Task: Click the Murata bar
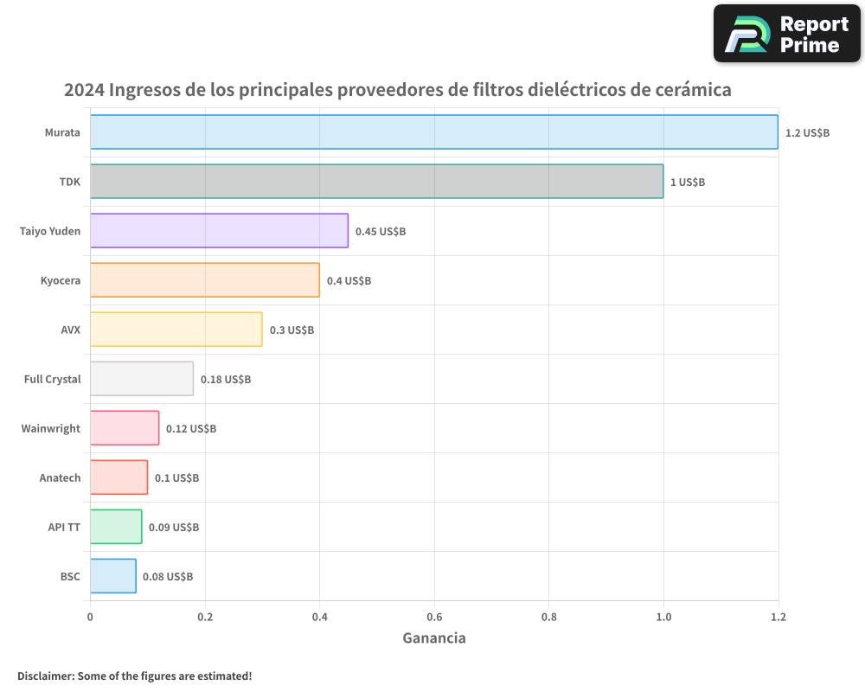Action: (433, 132)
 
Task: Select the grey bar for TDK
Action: (376, 182)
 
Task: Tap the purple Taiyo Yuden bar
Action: (219, 231)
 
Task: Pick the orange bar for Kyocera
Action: (204, 280)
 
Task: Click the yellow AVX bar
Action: (176, 330)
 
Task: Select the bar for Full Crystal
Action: (141, 379)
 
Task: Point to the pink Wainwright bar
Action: (125, 428)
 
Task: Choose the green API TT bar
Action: (116, 527)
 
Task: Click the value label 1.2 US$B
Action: (807, 133)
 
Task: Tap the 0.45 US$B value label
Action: (381, 232)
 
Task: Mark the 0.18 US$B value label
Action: (226, 380)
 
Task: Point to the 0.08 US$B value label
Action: (168, 577)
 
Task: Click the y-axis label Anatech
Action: (60, 477)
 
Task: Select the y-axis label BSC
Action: (70, 576)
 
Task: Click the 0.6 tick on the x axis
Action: (434, 617)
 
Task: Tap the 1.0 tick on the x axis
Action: (663, 617)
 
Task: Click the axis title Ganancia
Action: (434, 638)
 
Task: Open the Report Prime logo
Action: (786, 34)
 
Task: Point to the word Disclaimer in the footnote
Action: (45, 676)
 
